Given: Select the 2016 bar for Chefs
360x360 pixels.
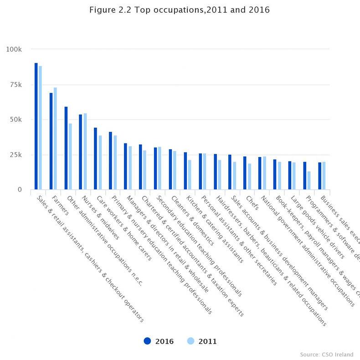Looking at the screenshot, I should (x=245, y=173).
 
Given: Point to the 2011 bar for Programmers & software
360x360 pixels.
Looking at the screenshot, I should (x=309, y=180).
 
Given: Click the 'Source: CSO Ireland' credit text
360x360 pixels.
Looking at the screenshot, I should (x=326, y=354).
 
